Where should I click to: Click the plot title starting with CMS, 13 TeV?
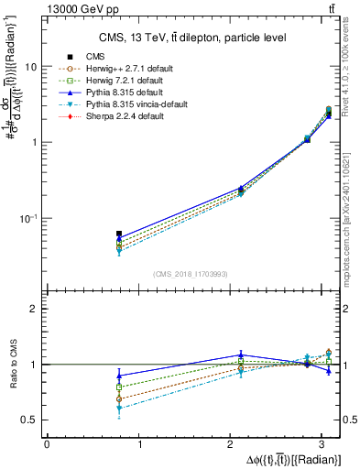192,38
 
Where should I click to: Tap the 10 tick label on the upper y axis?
31,67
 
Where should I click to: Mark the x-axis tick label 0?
47,444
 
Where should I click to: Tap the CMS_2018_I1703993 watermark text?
190,274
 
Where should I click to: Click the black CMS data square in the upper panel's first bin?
119,234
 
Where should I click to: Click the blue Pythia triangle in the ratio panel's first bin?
119,376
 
